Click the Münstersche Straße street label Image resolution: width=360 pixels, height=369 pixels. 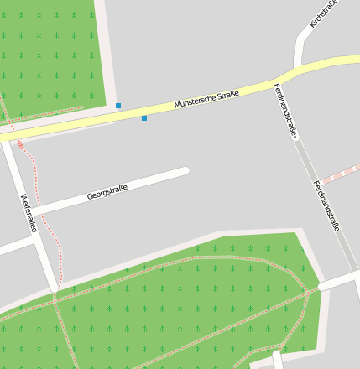[206, 99]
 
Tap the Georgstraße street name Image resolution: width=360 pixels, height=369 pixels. [107, 193]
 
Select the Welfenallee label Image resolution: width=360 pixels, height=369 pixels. [29, 213]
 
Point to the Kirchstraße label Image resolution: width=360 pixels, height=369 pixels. [323, 14]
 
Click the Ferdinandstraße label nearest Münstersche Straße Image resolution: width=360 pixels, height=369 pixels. [286, 111]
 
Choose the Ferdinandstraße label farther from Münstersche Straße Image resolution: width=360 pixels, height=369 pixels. [326, 205]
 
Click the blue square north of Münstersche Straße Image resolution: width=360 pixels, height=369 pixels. [118, 106]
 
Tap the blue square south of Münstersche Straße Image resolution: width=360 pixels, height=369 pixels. [144, 118]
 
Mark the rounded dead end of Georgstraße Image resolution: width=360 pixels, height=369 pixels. [184, 171]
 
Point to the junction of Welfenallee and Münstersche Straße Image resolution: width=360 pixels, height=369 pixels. [7, 136]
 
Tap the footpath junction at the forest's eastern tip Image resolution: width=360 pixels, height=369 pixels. [319, 289]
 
